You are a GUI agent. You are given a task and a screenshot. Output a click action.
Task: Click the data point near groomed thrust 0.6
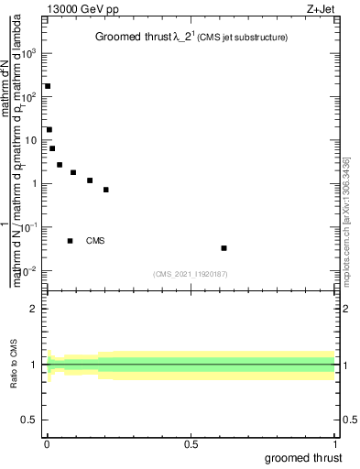224,248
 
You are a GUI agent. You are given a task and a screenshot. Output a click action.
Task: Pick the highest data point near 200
48,86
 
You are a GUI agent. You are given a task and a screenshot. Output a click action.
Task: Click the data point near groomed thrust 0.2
106,190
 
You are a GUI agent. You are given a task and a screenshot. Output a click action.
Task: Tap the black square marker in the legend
70,241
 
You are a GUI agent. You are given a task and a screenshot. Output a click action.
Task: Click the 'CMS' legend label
95,242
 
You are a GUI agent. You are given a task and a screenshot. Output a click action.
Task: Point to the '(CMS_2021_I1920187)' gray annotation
190,274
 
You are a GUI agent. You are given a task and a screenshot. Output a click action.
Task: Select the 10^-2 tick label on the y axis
29,270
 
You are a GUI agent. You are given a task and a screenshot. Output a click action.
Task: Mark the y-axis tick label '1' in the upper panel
35,183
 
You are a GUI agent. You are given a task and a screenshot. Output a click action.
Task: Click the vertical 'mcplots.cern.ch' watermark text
350,234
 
